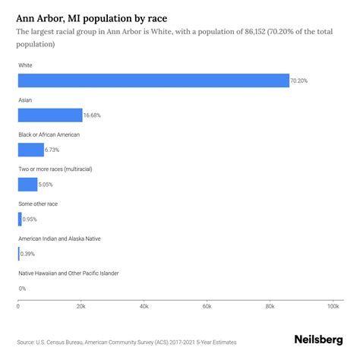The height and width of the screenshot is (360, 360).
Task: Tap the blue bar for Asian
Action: point(50,115)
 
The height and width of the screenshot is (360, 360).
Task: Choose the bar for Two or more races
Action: point(28,184)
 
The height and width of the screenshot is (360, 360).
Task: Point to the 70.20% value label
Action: point(301,81)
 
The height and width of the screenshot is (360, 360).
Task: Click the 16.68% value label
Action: point(91,115)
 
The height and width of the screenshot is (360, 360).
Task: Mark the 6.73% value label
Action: point(53,150)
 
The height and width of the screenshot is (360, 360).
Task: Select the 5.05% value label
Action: point(48,184)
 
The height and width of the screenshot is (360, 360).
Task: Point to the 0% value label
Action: point(22,289)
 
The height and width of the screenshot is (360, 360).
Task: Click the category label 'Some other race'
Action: point(38,204)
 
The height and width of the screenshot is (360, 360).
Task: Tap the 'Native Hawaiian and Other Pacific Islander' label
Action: point(68,273)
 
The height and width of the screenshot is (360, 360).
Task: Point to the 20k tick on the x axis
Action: point(81,307)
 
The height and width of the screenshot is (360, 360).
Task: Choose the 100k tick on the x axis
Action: point(332,307)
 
